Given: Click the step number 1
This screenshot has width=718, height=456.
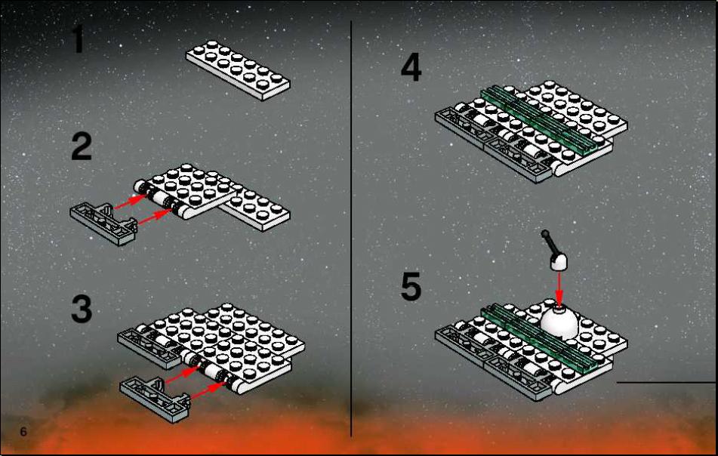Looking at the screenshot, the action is pyautogui.click(x=79, y=39).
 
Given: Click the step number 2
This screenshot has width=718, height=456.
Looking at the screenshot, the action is pyautogui.click(x=82, y=146).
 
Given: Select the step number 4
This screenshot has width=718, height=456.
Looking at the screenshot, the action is pyautogui.click(x=411, y=67).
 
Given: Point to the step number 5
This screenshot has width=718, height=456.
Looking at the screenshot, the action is pyautogui.click(x=411, y=287).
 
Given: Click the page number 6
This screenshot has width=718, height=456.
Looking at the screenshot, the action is pyautogui.click(x=23, y=432).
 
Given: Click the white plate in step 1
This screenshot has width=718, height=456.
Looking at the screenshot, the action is pyautogui.click(x=238, y=70).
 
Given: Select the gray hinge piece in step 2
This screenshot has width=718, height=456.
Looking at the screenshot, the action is pyautogui.click(x=104, y=223).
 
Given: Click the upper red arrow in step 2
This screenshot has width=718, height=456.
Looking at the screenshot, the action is pyautogui.click(x=130, y=202).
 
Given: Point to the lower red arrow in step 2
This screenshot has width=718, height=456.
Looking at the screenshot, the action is pyautogui.click(x=154, y=217).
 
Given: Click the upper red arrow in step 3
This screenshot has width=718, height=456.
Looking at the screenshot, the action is pyautogui.click(x=180, y=374).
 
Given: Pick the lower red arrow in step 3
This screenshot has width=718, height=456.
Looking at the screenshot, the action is pyautogui.click(x=207, y=390).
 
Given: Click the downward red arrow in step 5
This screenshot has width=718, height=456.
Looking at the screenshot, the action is pyautogui.click(x=559, y=288).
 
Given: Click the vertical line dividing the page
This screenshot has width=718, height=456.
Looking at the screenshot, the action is pyautogui.click(x=351, y=229).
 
